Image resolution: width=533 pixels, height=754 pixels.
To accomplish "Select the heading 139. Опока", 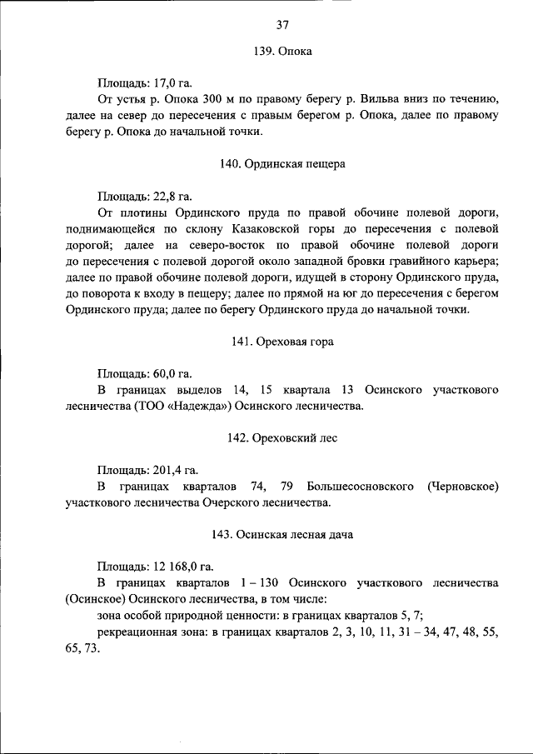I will click(x=282, y=52).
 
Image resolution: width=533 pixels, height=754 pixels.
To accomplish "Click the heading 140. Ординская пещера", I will click(x=282, y=165).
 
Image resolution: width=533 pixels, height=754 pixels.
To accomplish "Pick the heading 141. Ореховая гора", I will click(x=282, y=342).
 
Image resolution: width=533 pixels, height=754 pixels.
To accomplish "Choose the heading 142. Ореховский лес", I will click(x=282, y=438).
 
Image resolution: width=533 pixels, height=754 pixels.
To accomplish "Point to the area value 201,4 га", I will click(x=176, y=470).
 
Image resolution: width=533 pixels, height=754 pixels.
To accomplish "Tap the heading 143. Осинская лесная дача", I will click(x=282, y=535).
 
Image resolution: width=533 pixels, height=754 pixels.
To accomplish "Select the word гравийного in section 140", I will click(x=419, y=262).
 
